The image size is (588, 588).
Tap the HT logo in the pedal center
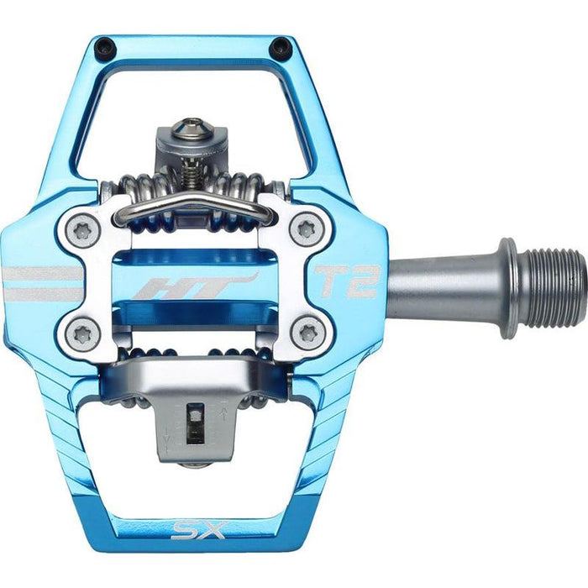click(x=197, y=286)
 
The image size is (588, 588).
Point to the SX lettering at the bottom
click(x=194, y=530)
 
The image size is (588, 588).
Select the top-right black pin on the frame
click(x=280, y=49)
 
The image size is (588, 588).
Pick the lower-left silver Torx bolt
click(x=81, y=334)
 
